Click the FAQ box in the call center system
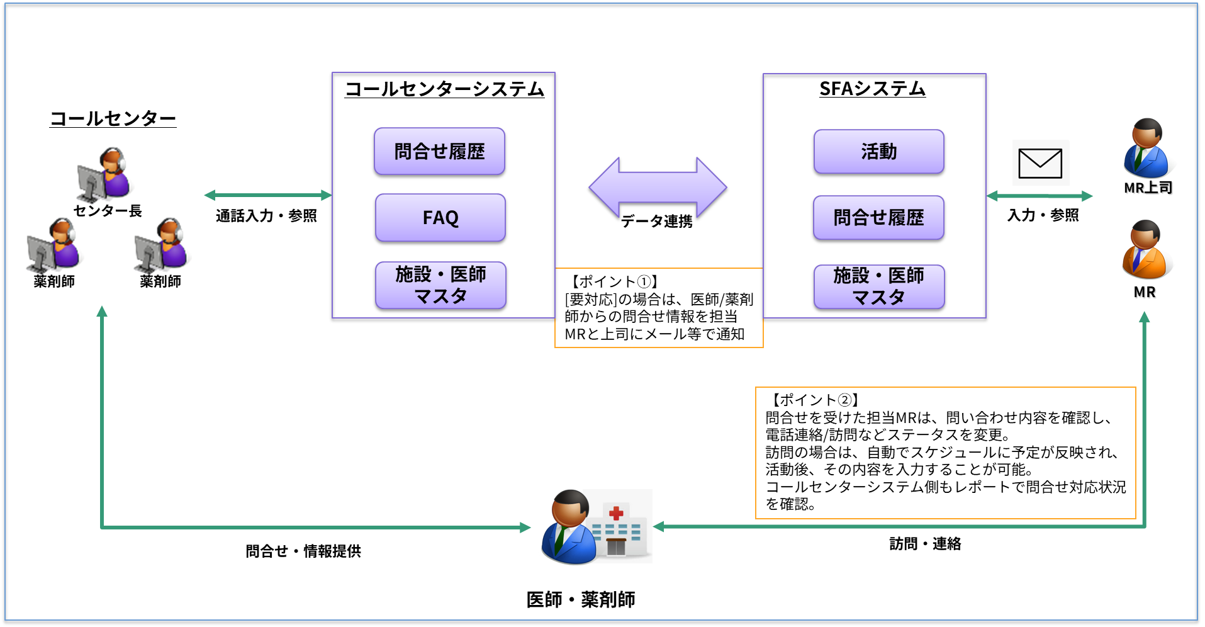pyautogui.click(x=440, y=218)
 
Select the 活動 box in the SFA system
pyautogui.click(x=879, y=152)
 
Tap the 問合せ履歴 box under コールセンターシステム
pyautogui.click(x=440, y=152)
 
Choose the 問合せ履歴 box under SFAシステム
pyautogui.click(x=879, y=218)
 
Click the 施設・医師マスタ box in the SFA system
pyautogui.click(x=879, y=286)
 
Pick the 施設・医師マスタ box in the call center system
pyautogui.click(x=440, y=285)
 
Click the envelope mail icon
pyautogui.click(x=1040, y=163)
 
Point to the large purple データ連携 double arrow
pyautogui.click(x=658, y=187)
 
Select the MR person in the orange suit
pyautogui.click(x=1145, y=251)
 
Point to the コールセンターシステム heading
pyautogui.click(x=444, y=89)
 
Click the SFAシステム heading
pyautogui.click(x=872, y=89)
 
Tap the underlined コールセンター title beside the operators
pyautogui.click(x=113, y=118)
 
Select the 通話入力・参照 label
pyautogui.click(x=266, y=216)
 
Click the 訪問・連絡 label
pyautogui.click(x=925, y=544)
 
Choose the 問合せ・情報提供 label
pyautogui.click(x=303, y=551)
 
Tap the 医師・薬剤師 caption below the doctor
pyautogui.click(x=581, y=600)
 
